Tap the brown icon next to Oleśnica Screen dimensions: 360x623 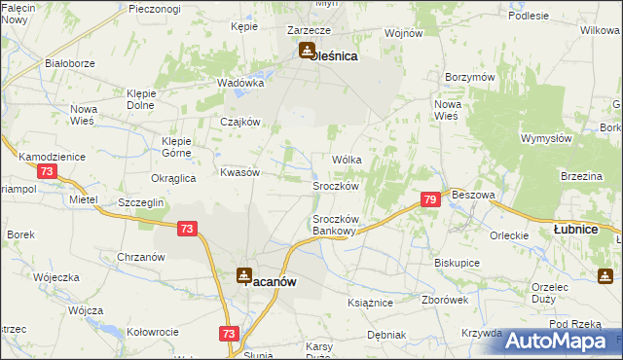(x=307, y=51)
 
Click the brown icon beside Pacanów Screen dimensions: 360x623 (x=244, y=276)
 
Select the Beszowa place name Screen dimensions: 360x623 (x=474, y=195)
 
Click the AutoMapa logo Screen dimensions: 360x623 (x=558, y=340)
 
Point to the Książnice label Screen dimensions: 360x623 (x=369, y=303)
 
